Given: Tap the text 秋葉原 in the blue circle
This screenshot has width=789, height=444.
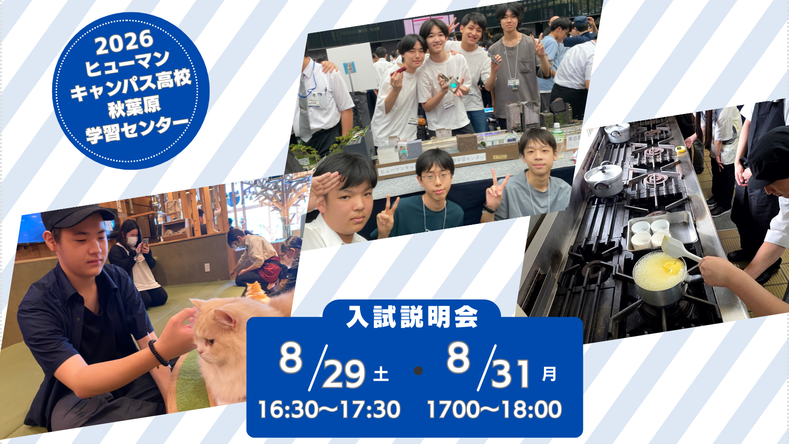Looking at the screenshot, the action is pos(134,108).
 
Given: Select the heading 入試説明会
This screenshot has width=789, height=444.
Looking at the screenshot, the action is pos(412,316).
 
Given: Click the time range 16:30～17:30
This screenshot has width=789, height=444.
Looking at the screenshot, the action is pos(329,409).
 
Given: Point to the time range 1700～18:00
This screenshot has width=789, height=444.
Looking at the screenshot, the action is pos(494,409).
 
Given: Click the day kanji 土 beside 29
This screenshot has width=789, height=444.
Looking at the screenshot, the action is pos(381,374).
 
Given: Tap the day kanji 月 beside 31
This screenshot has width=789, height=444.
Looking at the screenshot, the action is pos(549,374).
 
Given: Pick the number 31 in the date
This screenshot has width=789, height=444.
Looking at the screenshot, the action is pos(510,374).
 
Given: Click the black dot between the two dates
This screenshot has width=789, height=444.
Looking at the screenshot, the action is pos(418,370).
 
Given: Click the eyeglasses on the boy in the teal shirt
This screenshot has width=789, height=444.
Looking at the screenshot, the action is pos(436,177).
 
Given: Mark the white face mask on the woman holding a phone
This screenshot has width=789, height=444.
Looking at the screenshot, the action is pos(132,241).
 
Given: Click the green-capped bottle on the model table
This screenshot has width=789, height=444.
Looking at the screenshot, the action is pos(557,140).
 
